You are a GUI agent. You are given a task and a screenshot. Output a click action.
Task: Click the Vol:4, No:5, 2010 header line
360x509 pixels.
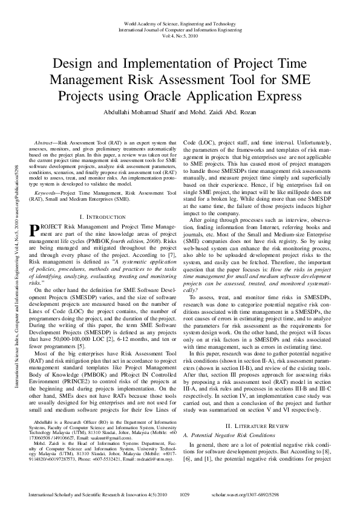[x=180, y=36]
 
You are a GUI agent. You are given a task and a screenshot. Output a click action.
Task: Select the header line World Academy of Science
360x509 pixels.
[x=180, y=22]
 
